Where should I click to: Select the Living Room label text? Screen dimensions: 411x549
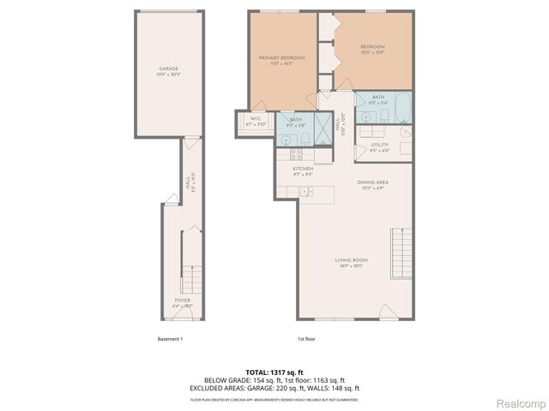(x=352, y=261)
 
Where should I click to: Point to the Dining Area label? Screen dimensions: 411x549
(x=373, y=184)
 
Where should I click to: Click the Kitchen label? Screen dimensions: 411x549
(x=302, y=170)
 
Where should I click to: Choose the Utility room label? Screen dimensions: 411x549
(x=380, y=146)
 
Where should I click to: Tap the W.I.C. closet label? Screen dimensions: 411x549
(x=256, y=121)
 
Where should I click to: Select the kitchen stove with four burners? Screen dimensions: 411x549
(x=295, y=155)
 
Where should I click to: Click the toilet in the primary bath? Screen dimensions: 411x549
(x=305, y=140)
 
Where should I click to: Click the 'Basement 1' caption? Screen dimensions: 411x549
(x=170, y=339)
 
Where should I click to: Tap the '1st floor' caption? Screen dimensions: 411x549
(x=306, y=339)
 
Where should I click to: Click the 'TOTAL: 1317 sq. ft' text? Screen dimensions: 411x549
(x=274, y=372)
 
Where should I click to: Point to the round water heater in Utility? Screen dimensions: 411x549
(x=406, y=133)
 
